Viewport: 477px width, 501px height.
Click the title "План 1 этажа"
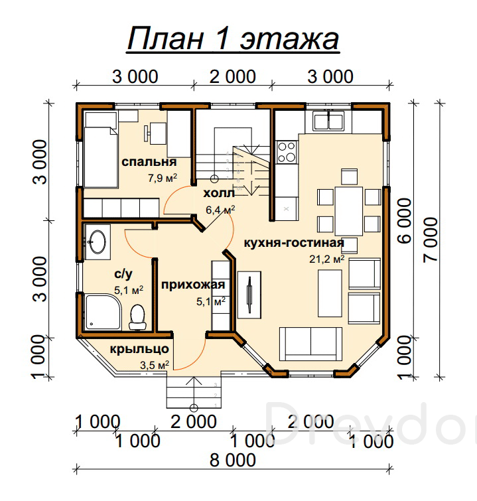(x=234, y=38)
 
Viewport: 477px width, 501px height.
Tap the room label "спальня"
(x=149, y=162)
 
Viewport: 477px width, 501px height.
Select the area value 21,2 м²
(x=326, y=259)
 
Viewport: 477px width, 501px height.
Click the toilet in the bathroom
(x=138, y=317)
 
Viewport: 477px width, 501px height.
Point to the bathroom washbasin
(x=98, y=242)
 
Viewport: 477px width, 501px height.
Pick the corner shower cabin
(x=103, y=313)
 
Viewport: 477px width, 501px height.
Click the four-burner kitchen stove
(x=286, y=152)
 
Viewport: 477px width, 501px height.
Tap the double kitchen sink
(x=328, y=121)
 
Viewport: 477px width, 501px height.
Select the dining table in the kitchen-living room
(x=348, y=211)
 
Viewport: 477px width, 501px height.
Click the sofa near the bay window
(x=310, y=344)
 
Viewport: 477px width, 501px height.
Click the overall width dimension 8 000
(x=233, y=460)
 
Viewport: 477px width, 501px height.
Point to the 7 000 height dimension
(x=431, y=240)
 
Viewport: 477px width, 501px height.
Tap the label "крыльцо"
(x=139, y=349)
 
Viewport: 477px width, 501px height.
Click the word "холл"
(x=219, y=193)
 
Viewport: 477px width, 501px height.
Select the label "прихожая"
(x=193, y=285)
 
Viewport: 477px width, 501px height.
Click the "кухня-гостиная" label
(x=294, y=243)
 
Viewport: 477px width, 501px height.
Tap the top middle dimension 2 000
(x=233, y=77)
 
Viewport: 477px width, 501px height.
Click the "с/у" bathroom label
(x=123, y=274)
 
